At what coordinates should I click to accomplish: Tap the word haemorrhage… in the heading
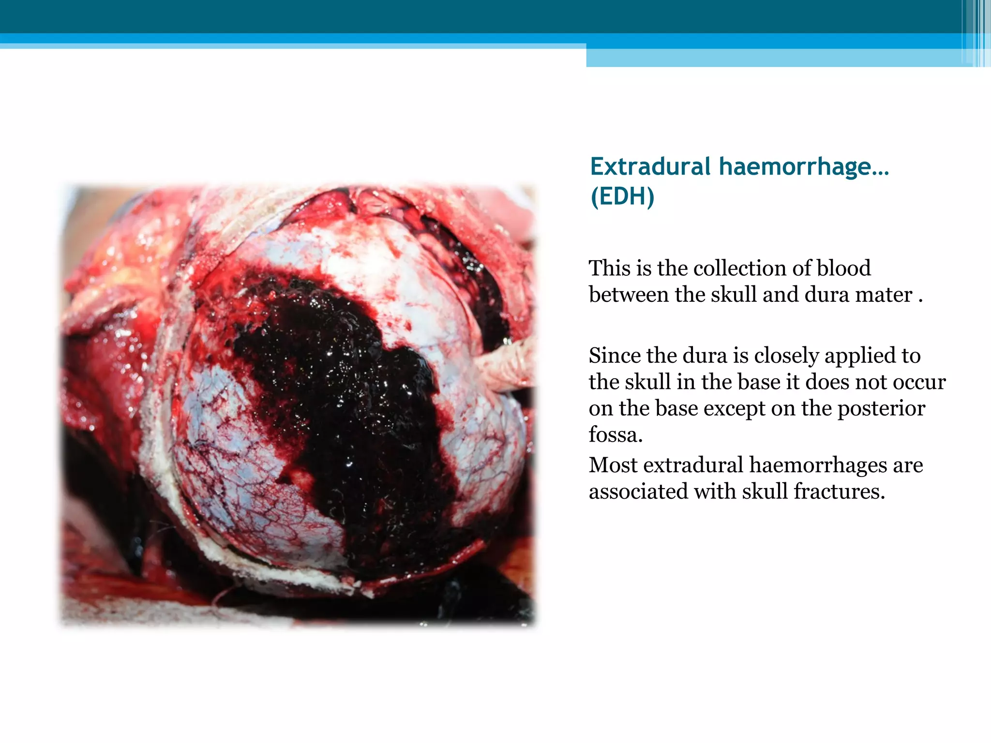[804, 167]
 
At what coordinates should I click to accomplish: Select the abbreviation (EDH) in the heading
[622, 197]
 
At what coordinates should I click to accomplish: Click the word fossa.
[615, 435]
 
